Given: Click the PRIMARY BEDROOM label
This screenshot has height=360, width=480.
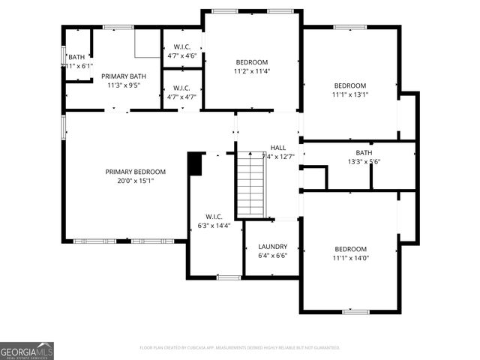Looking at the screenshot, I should pos(135,172).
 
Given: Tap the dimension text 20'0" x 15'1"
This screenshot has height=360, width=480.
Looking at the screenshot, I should pos(135,181).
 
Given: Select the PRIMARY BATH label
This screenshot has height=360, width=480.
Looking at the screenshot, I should pos(124,76).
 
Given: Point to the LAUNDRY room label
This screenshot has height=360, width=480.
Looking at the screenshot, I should pos(272,246).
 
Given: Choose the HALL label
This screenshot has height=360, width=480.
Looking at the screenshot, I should pos(278,148).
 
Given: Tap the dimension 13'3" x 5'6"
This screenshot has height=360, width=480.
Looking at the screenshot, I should pos(364,161).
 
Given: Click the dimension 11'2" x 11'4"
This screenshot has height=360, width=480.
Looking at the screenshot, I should pos(251,71).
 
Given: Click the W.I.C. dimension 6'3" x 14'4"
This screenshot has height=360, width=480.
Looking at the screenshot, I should pos(214,225).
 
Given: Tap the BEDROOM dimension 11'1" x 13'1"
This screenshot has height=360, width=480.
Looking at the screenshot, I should pos(349,94).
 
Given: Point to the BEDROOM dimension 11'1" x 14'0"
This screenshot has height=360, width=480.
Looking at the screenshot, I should pos(350,258).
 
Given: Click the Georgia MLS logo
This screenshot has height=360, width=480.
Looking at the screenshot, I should pos(27,351).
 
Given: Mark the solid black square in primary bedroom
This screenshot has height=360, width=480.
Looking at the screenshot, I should pos(195,164).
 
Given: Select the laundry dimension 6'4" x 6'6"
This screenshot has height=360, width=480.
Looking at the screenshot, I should pos(272,255).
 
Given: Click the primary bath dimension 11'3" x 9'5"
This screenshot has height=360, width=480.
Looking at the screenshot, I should pos(124,85).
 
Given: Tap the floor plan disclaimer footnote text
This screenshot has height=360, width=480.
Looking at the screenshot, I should pos(240,348).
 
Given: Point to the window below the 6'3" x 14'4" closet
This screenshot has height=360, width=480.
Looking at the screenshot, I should pos(228,277).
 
